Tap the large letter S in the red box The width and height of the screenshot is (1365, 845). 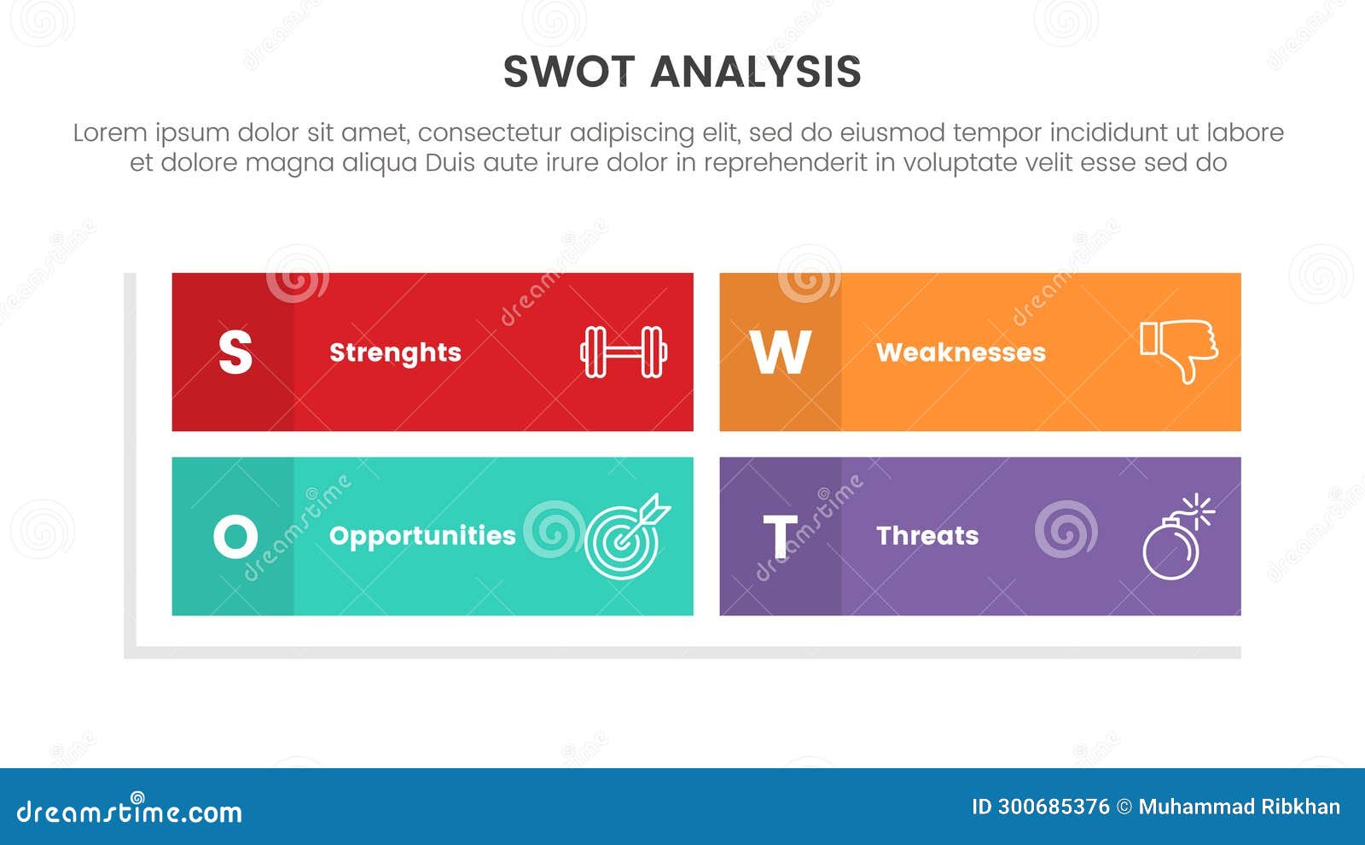pyautogui.click(x=235, y=352)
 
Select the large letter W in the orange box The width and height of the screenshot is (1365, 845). pyautogui.click(x=780, y=352)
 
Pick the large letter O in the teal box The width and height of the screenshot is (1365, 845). pyautogui.click(x=235, y=537)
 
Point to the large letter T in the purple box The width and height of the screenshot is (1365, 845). pyautogui.click(x=780, y=537)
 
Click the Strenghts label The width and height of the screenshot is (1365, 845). pyautogui.click(x=395, y=353)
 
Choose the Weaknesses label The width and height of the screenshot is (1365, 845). pyautogui.click(x=961, y=353)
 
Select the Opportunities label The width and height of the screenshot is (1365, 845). pyautogui.click(x=422, y=536)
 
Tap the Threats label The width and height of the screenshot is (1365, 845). pyautogui.click(x=927, y=536)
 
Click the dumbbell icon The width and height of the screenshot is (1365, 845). pyautogui.click(x=624, y=352)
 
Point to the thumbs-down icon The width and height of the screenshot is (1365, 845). pyautogui.click(x=1180, y=350)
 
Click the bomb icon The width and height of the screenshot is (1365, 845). pyautogui.click(x=1176, y=538)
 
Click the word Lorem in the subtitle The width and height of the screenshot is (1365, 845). pyautogui.click(x=110, y=133)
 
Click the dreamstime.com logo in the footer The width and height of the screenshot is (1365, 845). pyautogui.click(x=130, y=810)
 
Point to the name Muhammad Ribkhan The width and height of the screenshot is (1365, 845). pyautogui.click(x=1239, y=807)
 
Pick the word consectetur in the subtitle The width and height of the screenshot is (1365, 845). pyautogui.click(x=490, y=133)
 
